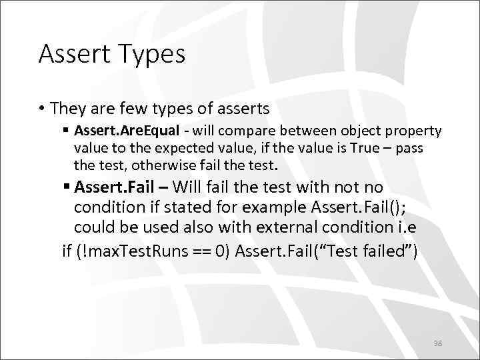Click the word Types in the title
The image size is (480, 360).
click(x=153, y=55)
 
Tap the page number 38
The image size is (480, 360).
click(x=437, y=343)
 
